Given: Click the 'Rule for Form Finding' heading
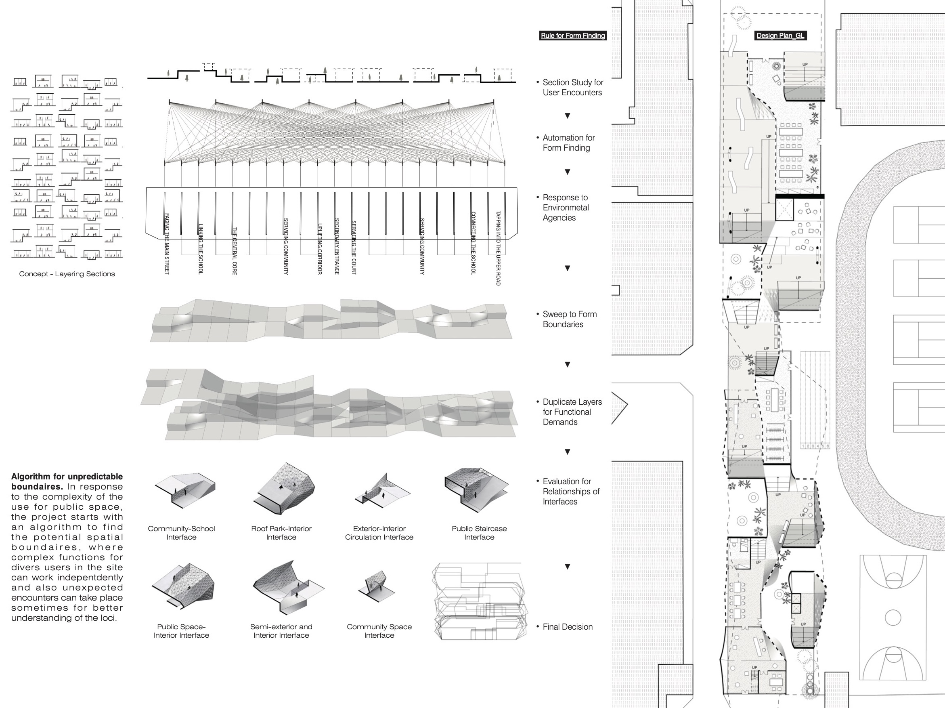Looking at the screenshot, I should point(573,36).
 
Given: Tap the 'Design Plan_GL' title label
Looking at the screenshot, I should point(780,36).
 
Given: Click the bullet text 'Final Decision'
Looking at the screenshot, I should point(567,627).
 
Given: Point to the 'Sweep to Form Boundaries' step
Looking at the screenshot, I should point(570,319).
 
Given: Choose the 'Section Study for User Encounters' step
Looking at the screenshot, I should point(572,87).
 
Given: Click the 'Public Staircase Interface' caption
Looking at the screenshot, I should point(479,533).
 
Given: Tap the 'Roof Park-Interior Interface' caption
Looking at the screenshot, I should point(281,533).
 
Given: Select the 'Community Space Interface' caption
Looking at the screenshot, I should point(379,631).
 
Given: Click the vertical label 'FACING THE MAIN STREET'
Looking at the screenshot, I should point(167,244).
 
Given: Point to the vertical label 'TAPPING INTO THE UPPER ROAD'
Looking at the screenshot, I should point(498,248).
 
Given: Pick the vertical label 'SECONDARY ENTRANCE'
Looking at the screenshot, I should point(337,246).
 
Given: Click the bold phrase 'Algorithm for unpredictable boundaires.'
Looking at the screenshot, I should point(67,481).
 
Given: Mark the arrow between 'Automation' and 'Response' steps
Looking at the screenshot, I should point(567,172).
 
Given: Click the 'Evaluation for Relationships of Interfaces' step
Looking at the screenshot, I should point(571,492).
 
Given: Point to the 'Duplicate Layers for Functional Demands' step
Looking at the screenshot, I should point(572,412).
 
